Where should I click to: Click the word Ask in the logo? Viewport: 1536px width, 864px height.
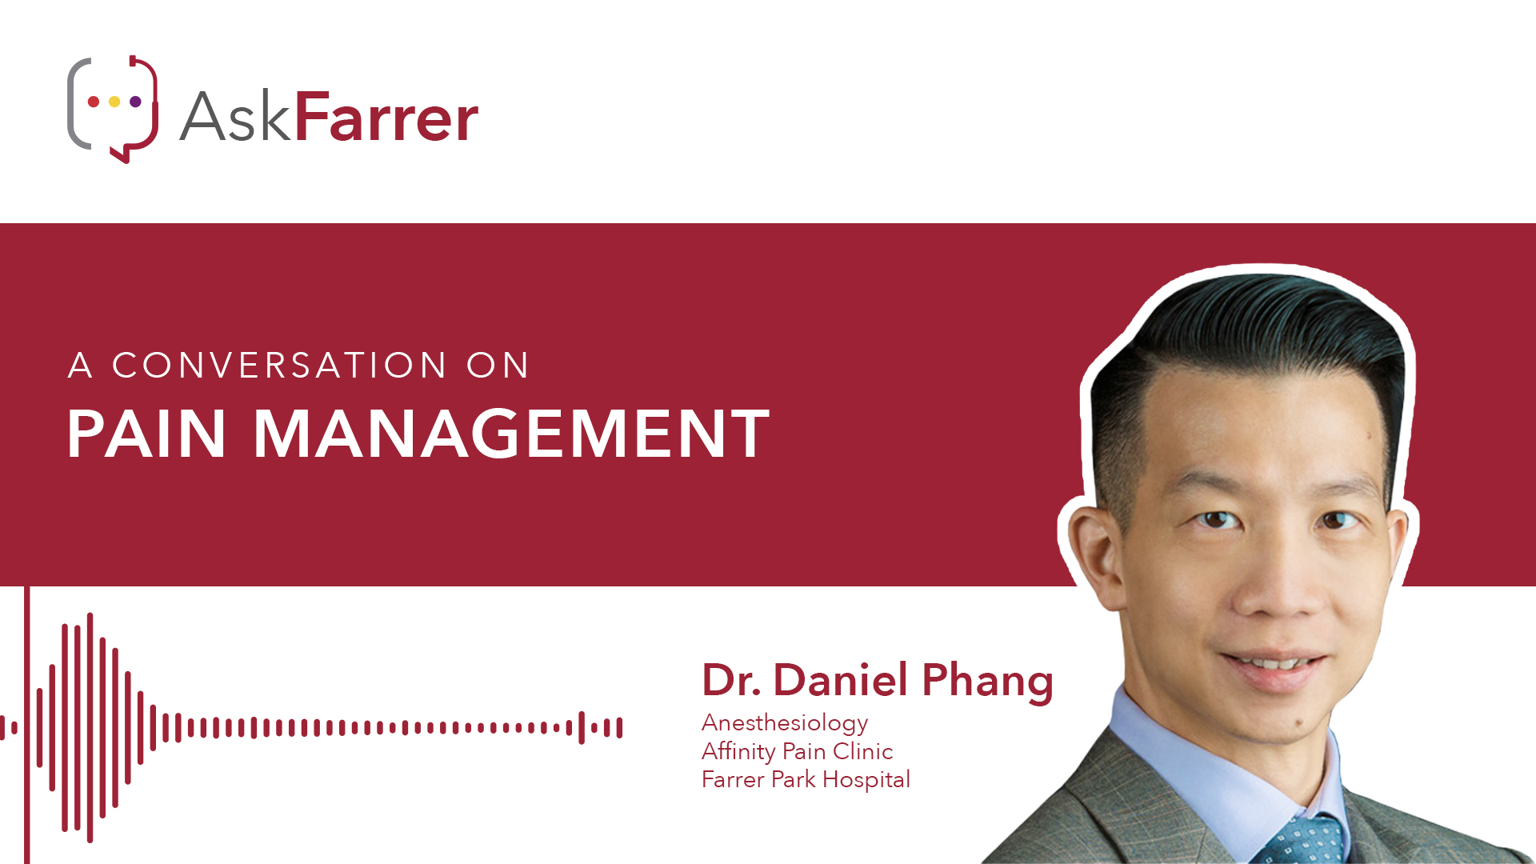point(234,117)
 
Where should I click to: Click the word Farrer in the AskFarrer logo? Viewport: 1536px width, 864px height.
point(386,117)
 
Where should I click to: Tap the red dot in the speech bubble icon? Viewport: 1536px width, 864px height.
point(94,102)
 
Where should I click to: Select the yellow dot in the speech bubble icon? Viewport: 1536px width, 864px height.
point(114,102)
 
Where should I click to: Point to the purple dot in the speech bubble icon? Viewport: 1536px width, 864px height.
point(135,102)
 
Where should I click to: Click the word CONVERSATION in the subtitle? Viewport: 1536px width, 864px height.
point(279,366)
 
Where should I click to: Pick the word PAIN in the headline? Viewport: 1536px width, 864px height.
point(147,434)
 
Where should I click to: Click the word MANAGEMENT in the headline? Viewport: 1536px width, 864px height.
point(511,434)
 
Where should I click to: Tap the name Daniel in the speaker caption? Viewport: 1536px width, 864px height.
point(841,680)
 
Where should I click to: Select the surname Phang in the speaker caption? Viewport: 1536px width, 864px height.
point(988,682)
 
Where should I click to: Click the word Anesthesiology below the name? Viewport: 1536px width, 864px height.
point(785,723)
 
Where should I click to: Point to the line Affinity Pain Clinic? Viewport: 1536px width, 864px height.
point(797,751)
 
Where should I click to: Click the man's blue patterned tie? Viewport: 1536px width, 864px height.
point(1300,840)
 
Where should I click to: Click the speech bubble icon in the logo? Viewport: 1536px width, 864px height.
point(112,109)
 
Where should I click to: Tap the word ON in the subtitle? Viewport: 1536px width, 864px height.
point(498,366)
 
